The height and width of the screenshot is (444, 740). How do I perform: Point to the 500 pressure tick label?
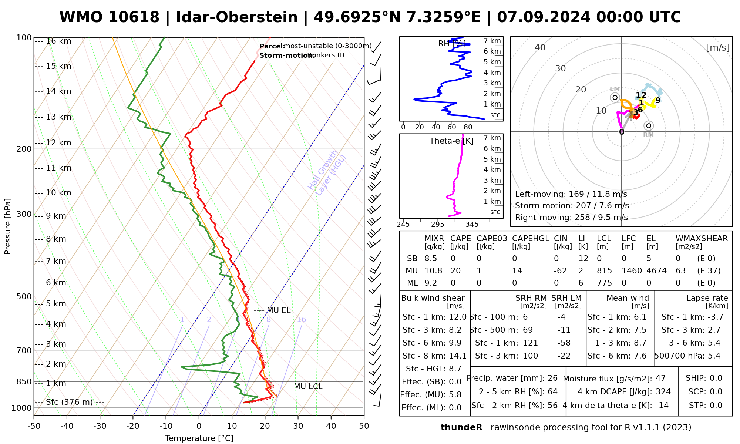[24, 296]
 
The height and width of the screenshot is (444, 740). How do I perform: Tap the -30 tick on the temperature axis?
[100, 426]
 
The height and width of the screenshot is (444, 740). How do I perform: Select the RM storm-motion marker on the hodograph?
[648, 126]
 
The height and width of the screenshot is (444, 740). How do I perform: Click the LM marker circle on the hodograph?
[615, 97]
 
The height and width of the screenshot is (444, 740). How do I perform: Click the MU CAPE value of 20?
[455, 271]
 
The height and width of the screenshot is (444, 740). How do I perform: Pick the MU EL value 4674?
[656, 271]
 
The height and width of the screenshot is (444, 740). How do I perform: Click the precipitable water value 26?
[552, 378]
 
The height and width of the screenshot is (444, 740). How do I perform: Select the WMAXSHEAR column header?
[702, 239]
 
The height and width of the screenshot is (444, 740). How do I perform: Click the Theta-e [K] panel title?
[451, 141]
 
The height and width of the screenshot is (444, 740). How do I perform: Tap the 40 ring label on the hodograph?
[540, 47]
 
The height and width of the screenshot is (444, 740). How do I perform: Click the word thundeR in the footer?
[461, 428]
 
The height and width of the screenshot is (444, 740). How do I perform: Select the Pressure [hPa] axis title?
[8, 226]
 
